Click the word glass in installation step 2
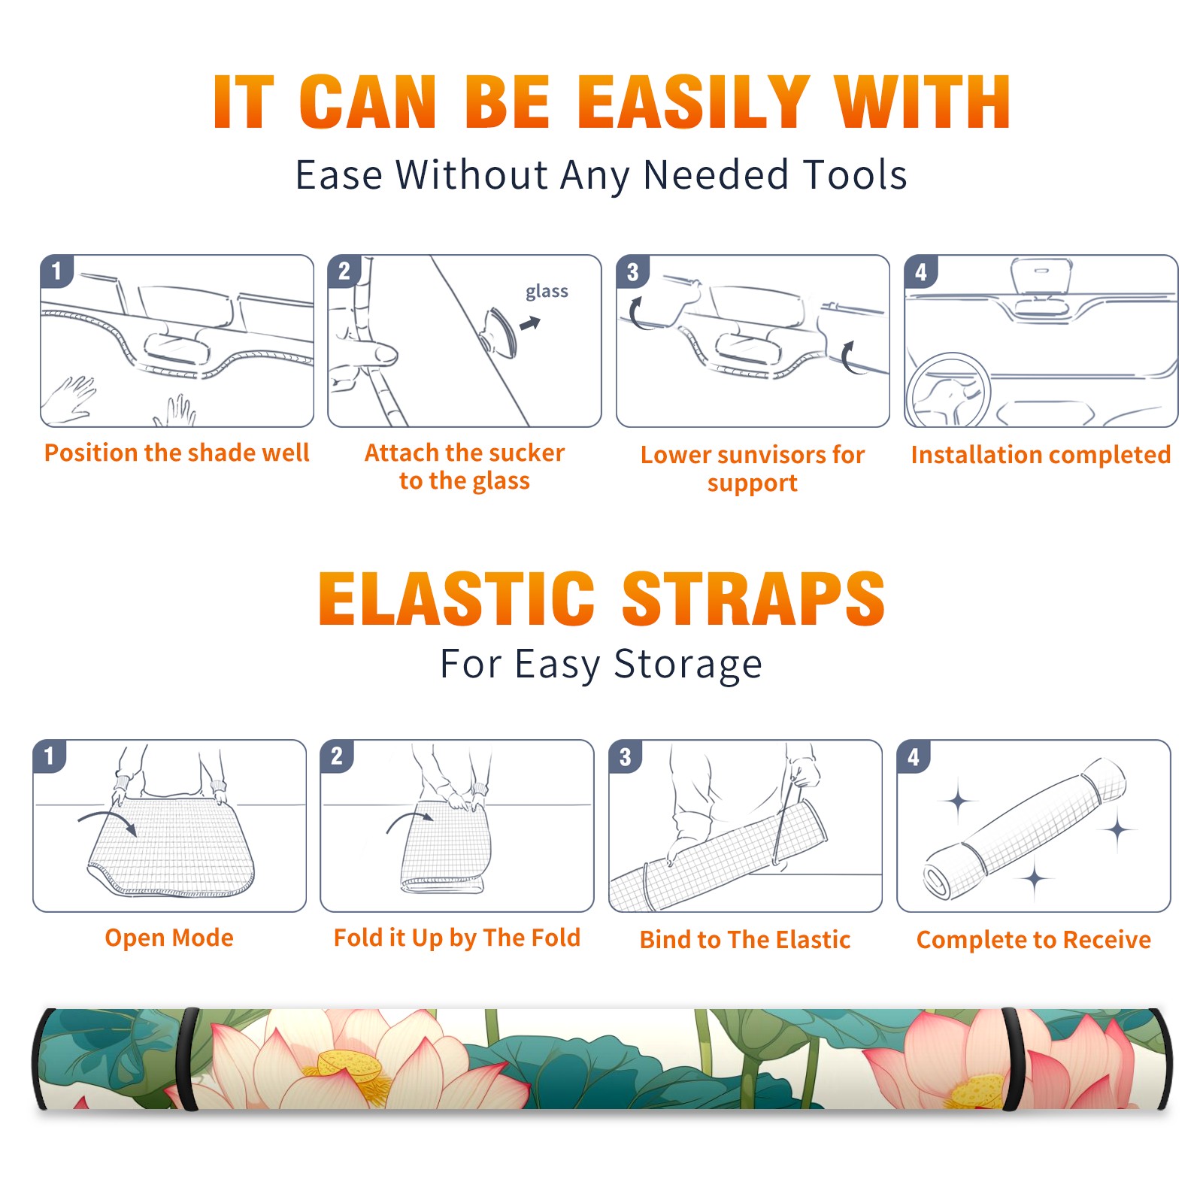point(547,292)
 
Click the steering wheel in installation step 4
point(947,389)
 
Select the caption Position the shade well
point(177,453)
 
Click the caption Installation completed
point(1041,454)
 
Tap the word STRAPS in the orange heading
point(754,598)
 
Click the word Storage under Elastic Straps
point(688,665)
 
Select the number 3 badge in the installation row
point(632,271)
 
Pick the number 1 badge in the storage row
point(50,756)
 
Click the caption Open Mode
point(169,938)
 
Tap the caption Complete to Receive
point(1034,940)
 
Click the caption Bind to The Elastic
point(745,940)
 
